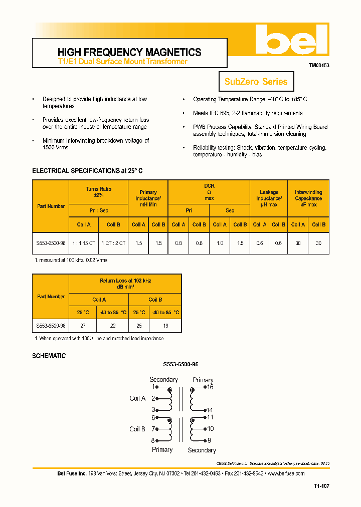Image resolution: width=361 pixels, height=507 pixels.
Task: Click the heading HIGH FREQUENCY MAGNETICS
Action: point(129,52)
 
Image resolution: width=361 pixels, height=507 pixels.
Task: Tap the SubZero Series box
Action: point(256,82)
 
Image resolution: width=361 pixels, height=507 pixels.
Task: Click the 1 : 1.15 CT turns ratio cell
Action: point(84,242)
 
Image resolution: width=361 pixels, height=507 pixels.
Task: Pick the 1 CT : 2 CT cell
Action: point(113,242)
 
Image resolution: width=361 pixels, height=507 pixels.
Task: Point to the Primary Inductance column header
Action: point(148,198)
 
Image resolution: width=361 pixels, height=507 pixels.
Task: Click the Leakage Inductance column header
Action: point(269,198)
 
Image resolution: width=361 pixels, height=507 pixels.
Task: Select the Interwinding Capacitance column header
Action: point(308,198)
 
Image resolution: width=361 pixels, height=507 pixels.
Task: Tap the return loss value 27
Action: point(83,326)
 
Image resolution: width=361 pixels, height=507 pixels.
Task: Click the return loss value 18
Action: point(165,326)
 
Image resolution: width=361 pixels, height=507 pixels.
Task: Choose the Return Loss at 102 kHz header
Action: point(125,284)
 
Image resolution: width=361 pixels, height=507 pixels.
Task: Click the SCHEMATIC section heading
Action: point(49,356)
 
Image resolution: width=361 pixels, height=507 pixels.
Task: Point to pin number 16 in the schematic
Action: point(210,387)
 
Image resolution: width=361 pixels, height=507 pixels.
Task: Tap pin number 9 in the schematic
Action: point(209,440)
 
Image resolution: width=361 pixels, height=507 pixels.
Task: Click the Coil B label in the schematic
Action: point(137,429)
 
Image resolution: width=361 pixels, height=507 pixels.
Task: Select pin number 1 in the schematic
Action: point(153,387)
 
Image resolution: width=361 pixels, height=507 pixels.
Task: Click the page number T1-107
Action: point(321,485)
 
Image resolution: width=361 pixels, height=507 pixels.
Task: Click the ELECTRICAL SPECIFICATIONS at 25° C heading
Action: point(87,171)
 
